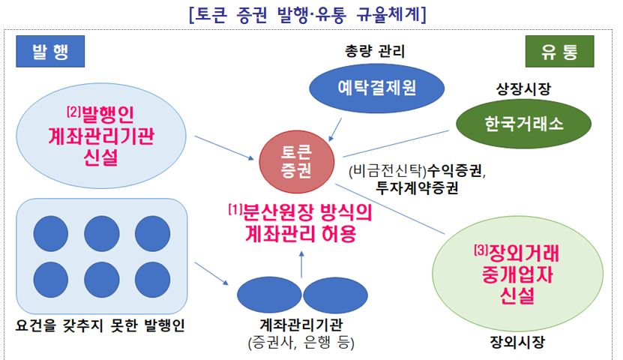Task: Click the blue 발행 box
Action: pos(50,51)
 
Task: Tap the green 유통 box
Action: pos(559,51)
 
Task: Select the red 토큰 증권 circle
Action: pos(296,162)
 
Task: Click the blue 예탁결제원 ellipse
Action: pos(376,88)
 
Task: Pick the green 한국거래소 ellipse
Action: pos(523,124)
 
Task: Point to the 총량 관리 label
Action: pos(375,51)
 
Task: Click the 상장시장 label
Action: pos(523,88)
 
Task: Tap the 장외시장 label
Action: pos(517,341)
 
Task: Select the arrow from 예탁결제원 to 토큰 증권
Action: pos(335,130)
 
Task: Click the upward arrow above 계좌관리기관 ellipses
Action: pos(301,264)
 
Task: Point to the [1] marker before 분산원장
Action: pos(235,209)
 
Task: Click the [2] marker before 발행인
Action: pos(73,112)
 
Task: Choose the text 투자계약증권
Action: pos(417,188)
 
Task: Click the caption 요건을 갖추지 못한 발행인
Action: pos(100,325)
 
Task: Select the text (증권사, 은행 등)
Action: pos(301,342)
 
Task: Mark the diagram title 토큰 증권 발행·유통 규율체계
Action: pos(307,14)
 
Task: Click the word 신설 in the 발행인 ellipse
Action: pos(100,157)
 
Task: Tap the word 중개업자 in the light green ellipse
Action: pos(517,274)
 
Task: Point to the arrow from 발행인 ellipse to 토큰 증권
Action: pos(224,148)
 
